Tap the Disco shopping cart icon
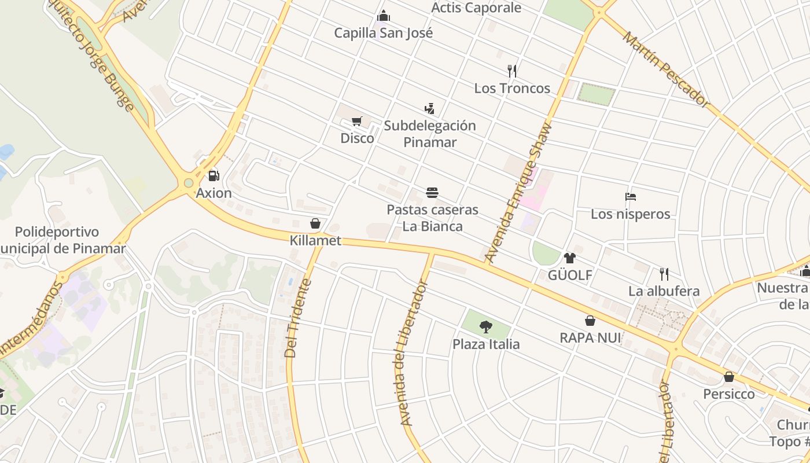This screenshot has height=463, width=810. (357, 122)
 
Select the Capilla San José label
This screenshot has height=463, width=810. (383, 33)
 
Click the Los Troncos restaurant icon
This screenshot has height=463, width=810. (512, 71)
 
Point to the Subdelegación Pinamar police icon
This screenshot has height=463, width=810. (429, 108)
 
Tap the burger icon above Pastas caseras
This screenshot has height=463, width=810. (432, 192)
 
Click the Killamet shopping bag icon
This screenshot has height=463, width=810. (315, 223)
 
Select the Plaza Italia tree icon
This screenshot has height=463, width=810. (486, 327)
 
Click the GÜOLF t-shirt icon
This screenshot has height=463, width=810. (570, 258)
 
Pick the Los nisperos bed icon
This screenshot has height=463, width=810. (630, 197)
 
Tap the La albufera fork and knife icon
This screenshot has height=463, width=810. (664, 274)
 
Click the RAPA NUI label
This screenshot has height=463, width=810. (590, 337)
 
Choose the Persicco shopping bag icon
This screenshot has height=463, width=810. (729, 377)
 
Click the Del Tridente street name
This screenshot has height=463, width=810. (298, 318)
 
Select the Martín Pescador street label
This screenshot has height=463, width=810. (665, 69)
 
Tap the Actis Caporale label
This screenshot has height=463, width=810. (476, 8)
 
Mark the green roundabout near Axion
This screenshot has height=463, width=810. (188, 183)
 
